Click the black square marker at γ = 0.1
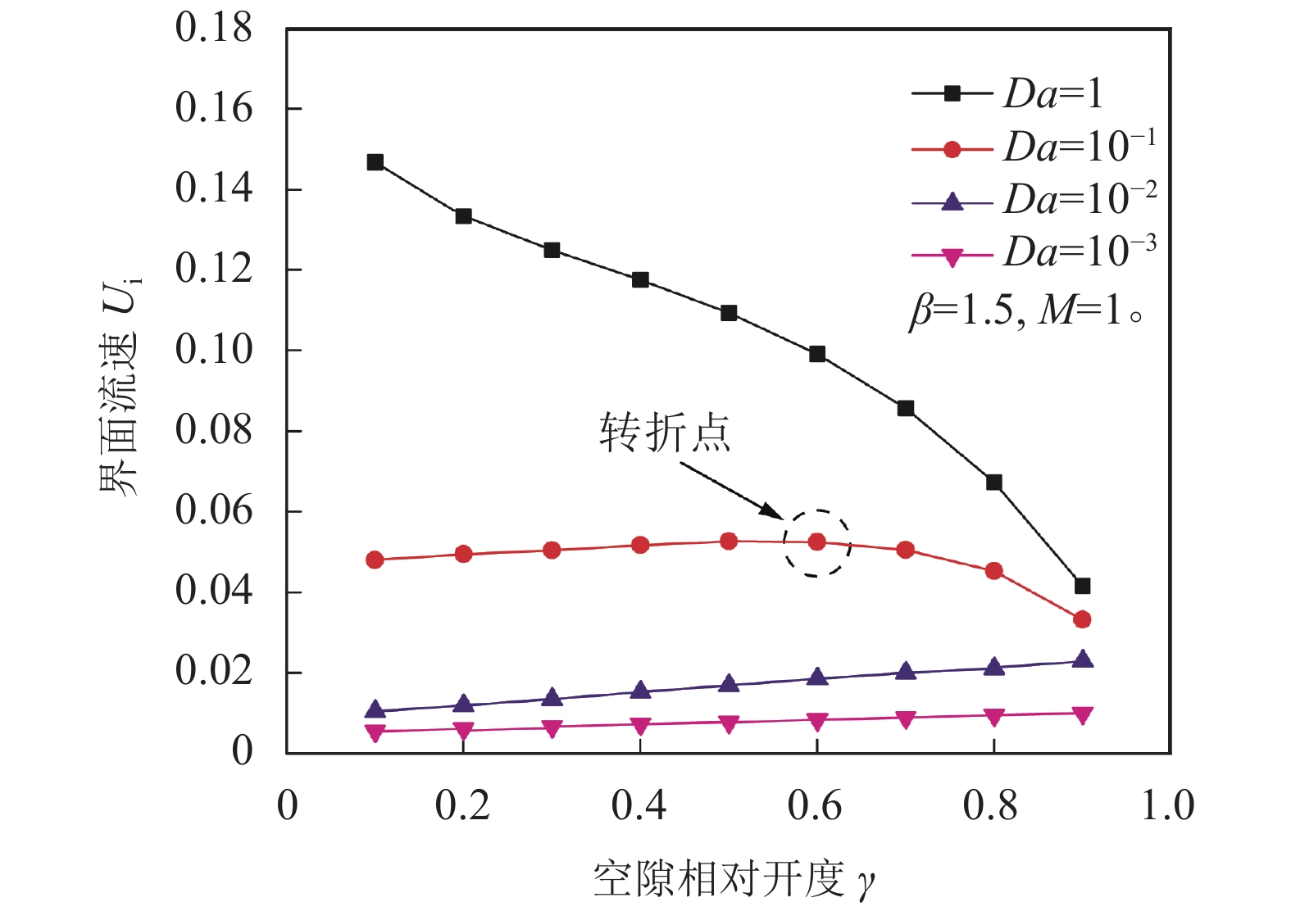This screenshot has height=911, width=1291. (375, 162)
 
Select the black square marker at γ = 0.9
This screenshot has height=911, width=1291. (1082, 586)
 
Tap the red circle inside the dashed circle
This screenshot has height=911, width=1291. (817, 542)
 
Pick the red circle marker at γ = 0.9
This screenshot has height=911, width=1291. (1082, 619)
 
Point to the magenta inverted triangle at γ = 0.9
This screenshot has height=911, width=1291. (1082, 715)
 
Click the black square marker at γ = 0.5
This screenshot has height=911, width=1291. (729, 313)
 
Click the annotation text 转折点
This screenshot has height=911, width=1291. (664, 432)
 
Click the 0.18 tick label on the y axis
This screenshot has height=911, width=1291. (213, 28)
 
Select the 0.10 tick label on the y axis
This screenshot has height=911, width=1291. (213, 350)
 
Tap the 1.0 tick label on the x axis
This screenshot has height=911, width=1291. (1168, 806)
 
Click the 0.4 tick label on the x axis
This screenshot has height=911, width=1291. (639, 806)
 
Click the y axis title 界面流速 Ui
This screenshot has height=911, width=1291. (120, 385)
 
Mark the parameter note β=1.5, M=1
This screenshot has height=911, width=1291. (1025, 311)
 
